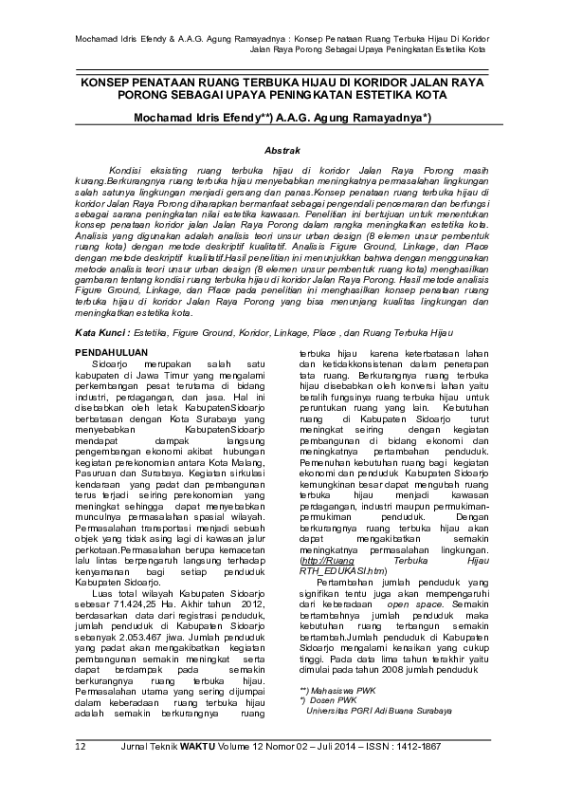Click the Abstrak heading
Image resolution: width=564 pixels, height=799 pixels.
click(282, 151)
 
